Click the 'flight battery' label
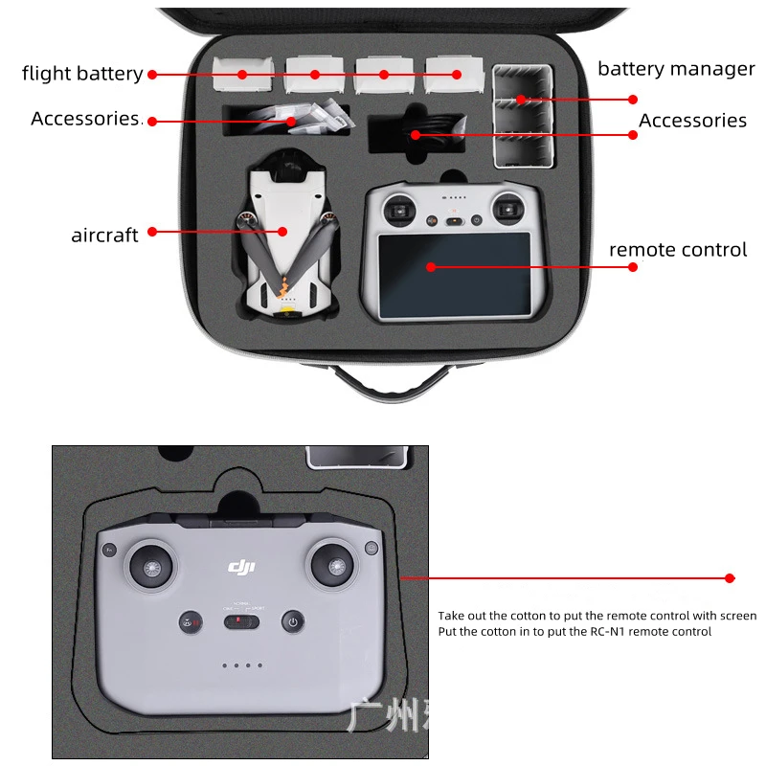[82, 74]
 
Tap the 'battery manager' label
[676, 69]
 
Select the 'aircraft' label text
[104, 235]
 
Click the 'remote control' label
[677, 250]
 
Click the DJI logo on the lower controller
[241, 568]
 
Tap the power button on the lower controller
[293, 622]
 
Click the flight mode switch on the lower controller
[241, 622]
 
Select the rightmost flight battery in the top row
[454, 73]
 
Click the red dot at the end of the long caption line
[730, 578]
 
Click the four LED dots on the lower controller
[241, 665]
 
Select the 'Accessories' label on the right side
[692, 121]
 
